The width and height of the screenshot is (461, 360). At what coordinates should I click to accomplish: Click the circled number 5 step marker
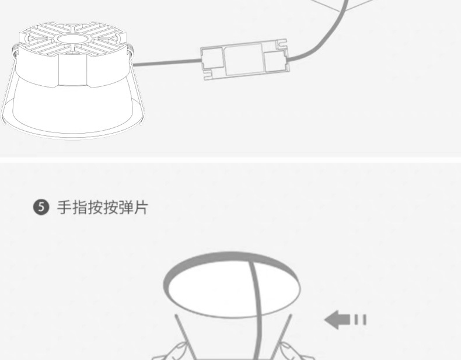(x=40, y=207)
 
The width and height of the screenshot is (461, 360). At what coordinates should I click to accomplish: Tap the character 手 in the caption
(x=64, y=207)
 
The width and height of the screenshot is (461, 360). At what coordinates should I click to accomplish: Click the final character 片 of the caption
(x=141, y=207)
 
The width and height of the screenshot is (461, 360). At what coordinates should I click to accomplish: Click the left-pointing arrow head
(x=334, y=319)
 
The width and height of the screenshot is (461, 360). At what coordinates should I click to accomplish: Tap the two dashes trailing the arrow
(x=359, y=319)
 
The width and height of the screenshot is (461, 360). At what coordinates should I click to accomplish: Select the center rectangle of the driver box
(x=242, y=60)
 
